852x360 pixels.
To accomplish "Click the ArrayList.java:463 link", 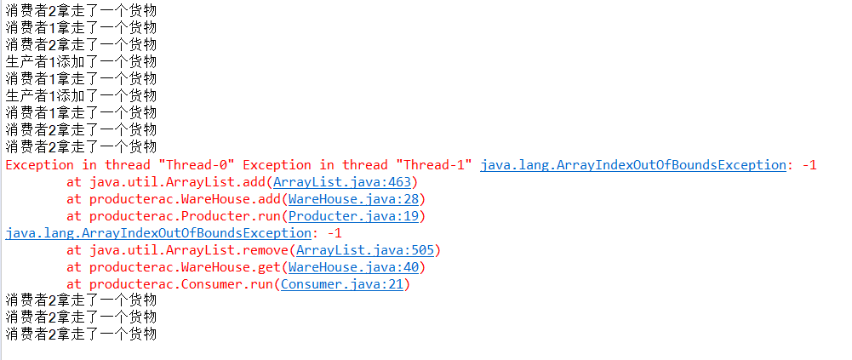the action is click(x=342, y=182).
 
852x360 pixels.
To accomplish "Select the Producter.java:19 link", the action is click(x=353, y=216).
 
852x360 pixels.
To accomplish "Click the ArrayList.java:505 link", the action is click(x=365, y=250).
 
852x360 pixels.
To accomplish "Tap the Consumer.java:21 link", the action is click(x=342, y=284).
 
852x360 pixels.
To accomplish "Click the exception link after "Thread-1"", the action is click(x=633, y=165).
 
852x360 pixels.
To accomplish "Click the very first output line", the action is click(x=81, y=9).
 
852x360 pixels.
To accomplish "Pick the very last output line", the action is click(x=81, y=334).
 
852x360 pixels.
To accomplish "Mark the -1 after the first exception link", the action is click(x=809, y=165).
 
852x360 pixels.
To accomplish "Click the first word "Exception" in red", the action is click(x=40, y=165).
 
